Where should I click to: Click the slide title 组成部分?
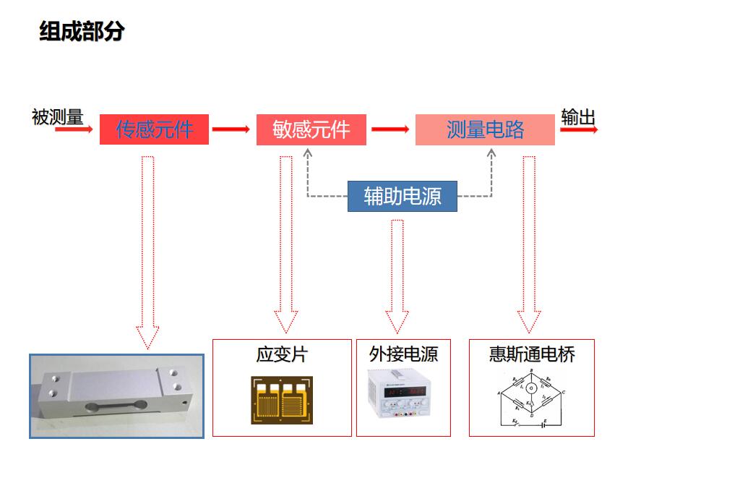coord(82,32)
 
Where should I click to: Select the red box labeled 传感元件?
coord(154,129)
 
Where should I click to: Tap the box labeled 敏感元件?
coord(311,129)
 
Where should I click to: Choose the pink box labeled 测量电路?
coord(485,129)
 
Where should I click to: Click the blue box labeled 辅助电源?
coord(402,196)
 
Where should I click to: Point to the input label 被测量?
coord(57,116)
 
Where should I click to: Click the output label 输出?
coord(578,117)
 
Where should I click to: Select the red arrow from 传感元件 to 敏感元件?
coord(231,130)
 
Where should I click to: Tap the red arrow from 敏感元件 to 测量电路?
coord(390,130)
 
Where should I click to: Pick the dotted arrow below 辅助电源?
coord(397,275)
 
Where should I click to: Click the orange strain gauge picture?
coord(282,399)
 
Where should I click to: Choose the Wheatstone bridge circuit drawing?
coord(531,399)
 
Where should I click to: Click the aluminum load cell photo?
coord(116,396)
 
